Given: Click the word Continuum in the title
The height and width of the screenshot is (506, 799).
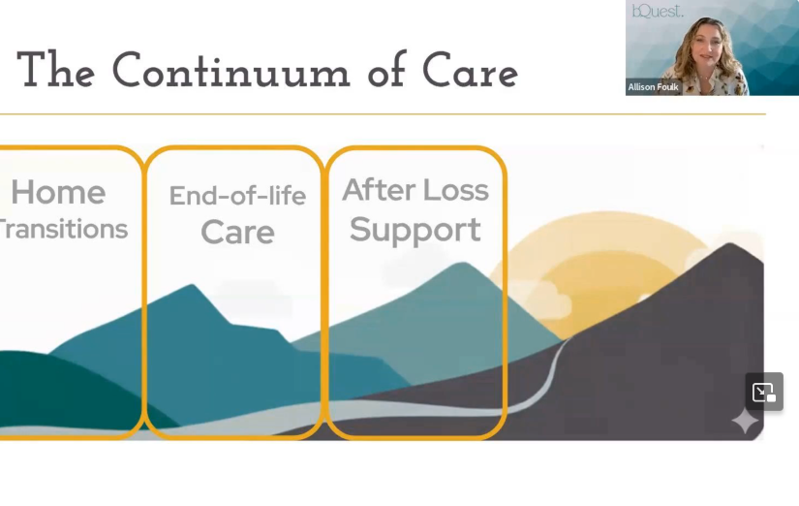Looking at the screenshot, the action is pyautogui.click(x=230, y=71).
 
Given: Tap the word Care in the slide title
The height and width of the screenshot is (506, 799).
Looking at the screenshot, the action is pyautogui.click(x=470, y=71).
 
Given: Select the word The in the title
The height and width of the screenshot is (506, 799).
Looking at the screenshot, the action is pyautogui.click(x=55, y=70).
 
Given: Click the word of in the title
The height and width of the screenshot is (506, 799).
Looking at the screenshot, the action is pyautogui.click(x=386, y=69).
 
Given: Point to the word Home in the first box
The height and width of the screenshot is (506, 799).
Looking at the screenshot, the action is pyautogui.click(x=59, y=192).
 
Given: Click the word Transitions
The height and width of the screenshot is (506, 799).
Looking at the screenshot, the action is pyautogui.click(x=63, y=229).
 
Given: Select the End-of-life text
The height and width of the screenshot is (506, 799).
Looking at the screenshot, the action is pyautogui.click(x=237, y=196).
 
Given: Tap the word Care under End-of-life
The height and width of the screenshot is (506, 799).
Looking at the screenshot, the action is pyautogui.click(x=237, y=232).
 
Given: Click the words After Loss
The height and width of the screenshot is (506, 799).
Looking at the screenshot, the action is pyautogui.click(x=415, y=190).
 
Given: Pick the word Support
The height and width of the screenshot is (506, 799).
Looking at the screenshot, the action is pyautogui.click(x=415, y=230).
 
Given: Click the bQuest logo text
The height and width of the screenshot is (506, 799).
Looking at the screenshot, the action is pyautogui.click(x=658, y=11).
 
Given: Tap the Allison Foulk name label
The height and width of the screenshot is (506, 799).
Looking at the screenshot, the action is pyautogui.click(x=653, y=87).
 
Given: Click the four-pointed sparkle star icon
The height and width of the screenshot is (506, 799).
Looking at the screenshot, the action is pyautogui.click(x=745, y=422).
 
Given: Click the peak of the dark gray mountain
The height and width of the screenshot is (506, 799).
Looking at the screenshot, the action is pyautogui.click(x=729, y=244).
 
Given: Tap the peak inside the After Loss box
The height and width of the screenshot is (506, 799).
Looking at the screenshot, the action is pyautogui.click(x=463, y=264).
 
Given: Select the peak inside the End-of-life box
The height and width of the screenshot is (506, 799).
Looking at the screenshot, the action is pyautogui.click(x=192, y=286).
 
